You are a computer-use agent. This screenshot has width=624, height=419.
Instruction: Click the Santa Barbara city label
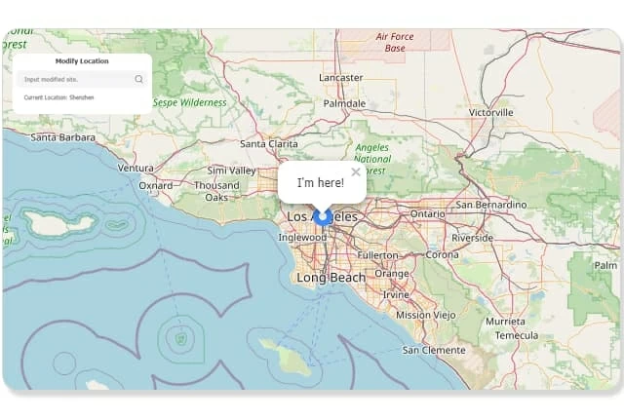click(x=62, y=137)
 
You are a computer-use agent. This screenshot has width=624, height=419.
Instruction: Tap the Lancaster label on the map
click(x=340, y=77)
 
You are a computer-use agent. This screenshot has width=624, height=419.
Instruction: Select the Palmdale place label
click(x=344, y=102)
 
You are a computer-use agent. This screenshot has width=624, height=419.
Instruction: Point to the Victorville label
click(x=490, y=112)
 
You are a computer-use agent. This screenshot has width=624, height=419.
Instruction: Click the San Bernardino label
click(x=491, y=205)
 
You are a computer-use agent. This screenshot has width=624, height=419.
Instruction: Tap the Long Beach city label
click(x=331, y=278)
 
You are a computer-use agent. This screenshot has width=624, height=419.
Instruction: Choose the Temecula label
click(x=516, y=334)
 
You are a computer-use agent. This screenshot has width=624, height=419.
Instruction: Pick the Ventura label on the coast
click(x=136, y=168)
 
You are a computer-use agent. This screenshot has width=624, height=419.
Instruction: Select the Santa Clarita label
click(x=269, y=143)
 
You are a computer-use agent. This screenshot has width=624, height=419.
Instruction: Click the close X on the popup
click(x=356, y=172)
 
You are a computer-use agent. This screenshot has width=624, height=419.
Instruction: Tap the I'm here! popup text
click(x=320, y=182)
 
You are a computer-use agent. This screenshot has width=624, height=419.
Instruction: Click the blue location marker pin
click(x=323, y=217)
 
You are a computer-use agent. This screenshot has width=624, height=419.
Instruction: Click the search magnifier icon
click(x=139, y=79)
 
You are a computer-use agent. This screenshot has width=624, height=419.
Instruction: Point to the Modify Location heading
click(x=82, y=61)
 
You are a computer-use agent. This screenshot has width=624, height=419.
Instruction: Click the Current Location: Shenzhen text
click(x=58, y=97)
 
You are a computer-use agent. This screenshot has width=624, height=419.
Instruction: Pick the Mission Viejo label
click(x=426, y=315)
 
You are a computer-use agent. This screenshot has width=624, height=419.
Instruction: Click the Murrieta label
click(x=505, y=321)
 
